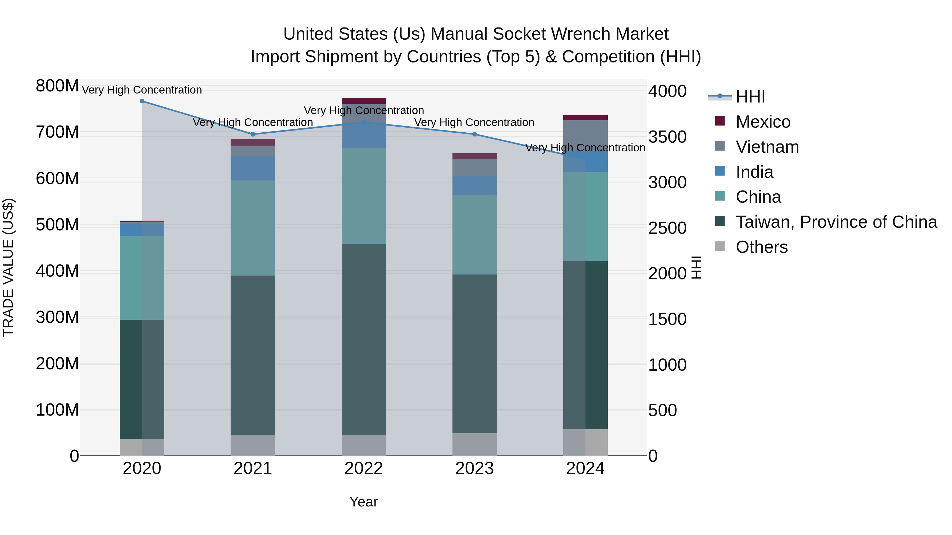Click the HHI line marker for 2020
click(142, 101)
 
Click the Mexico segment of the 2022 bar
click(364, 101)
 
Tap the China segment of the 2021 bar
click(253, 228)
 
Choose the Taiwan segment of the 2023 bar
click(474, 354)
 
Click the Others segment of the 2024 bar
click(585, 442)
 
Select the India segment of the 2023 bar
click(474, 186)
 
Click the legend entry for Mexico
click(763, 122)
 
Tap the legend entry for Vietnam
click(767, 147)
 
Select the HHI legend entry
click(750, 97)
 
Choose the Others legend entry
click(761, 247)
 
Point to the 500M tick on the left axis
click(57, 225)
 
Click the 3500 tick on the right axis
click(667, 137)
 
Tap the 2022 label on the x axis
click(364, 468)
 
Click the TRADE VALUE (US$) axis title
click(8, 267)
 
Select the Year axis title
click(364, 502)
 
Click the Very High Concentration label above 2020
click(142, 90)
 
